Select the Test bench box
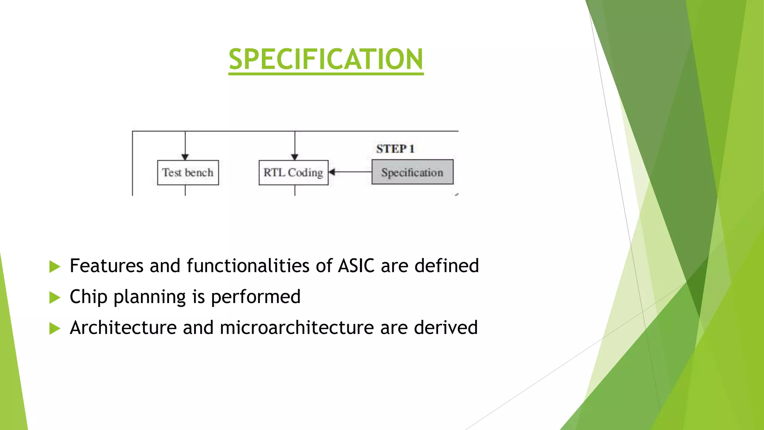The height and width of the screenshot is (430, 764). [188, 172]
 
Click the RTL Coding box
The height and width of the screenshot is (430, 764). [293, 172]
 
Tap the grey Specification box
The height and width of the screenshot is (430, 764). [412, 172]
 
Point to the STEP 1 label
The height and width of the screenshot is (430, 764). [395, 149]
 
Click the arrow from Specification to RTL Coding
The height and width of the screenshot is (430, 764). [351, 172]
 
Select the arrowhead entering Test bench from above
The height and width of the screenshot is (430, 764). [185, 157]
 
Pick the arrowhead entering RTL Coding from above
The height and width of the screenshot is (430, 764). [295, 157]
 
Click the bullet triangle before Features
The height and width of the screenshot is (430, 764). [54, 267]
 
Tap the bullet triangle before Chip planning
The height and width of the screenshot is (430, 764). [54, 297]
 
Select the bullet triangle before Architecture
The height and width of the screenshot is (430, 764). [54, 328]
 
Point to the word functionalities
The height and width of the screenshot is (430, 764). [248, 266]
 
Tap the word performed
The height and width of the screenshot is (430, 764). [256, 297]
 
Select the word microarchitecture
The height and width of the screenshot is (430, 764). [297, 328]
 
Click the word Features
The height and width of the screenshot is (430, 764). [106, 266]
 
